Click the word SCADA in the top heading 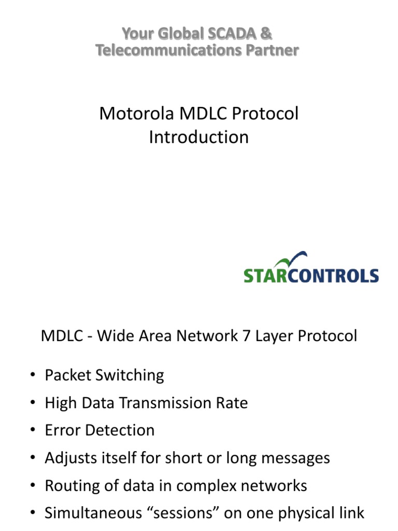(231, 34)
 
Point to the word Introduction (198, 137)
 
